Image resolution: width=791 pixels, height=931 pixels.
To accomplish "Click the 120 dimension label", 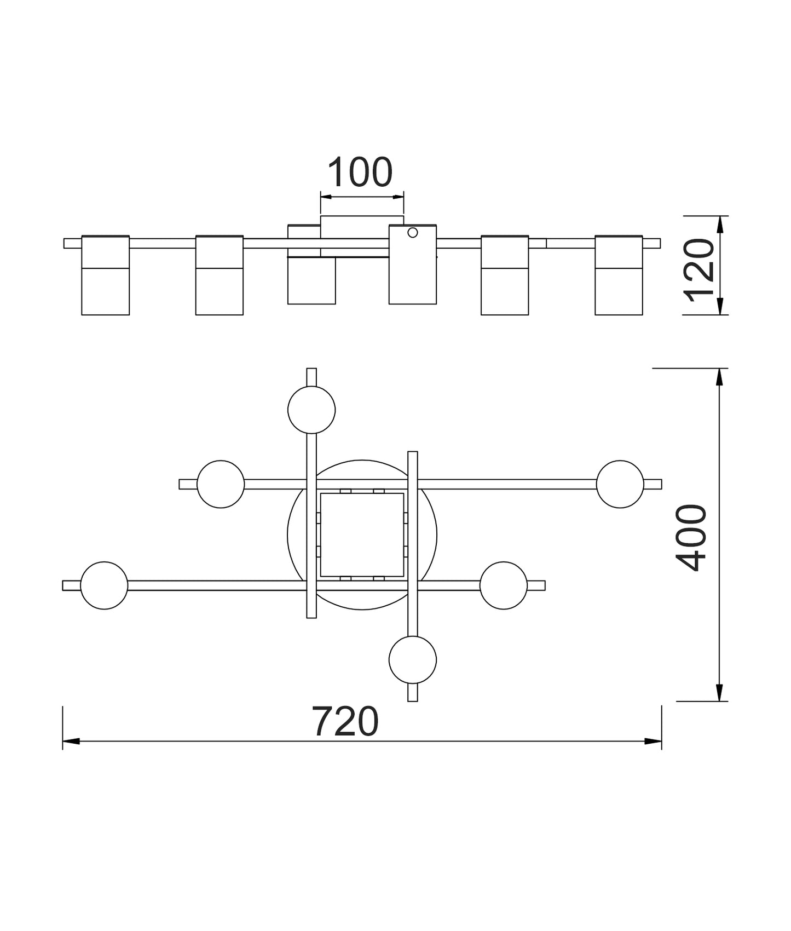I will pyautogui.click(x=700, y=271).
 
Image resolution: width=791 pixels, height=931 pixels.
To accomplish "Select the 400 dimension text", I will pyautogui.click(x=691, y=538).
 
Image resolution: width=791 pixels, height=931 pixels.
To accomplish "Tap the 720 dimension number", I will pyautogui.click(x=345, y=722).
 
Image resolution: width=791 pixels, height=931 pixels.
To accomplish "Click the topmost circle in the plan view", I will pyautogui.click(x=311, y=410).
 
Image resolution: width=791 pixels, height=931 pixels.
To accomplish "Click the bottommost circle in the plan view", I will pyautogui.click(x=413, y=660).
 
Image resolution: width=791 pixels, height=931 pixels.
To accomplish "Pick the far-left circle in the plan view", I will pyautogui.click(x=104, y=585).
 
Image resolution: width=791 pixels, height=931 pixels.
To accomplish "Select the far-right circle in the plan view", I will pyautogui.click(x=620, y=484).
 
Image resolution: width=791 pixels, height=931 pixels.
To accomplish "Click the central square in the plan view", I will pyautogui.click(x=362, y=535).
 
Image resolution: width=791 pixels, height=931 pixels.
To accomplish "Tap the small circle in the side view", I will pyautogui.click(x=413, y=233).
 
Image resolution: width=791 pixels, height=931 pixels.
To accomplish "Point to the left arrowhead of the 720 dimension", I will pyautogui.click(x=71, y=741).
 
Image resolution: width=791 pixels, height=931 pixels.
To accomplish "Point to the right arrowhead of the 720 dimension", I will pyautogui.click(x=653, y=741).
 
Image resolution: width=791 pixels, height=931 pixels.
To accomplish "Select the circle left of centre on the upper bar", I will pyautogui.click(x=221, y=484).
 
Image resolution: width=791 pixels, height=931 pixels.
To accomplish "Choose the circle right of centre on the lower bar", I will pyautogui.click(x=504, y=585).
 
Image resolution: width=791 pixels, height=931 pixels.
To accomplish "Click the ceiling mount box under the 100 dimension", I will pyautogui.click(x=362, y=227).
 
